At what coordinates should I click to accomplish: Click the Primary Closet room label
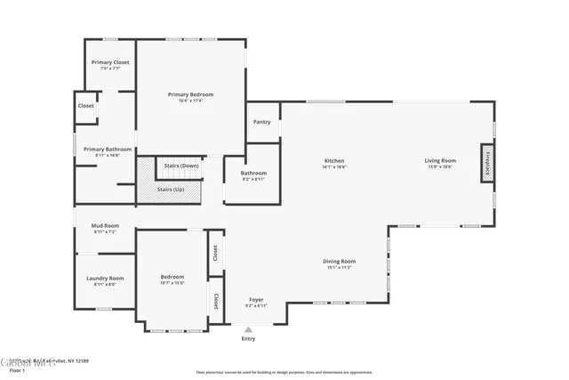[109, 62]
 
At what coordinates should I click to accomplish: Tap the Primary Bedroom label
[191, 94]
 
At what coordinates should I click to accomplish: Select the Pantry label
[261, 122]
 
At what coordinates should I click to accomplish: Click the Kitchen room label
[333, 161]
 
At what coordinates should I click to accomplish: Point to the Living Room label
[440, 161]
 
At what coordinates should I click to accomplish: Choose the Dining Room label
[339, 261]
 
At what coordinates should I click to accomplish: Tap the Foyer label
[256, 300]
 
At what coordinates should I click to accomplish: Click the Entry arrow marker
[248, 328]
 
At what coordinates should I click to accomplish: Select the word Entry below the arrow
[248, 339]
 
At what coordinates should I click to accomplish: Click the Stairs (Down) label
[180, 166]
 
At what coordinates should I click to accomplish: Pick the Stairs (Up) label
[172, 190]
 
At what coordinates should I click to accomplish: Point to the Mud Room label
[105, 226]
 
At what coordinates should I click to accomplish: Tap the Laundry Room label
[105, 279]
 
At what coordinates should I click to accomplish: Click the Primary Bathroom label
[108, 150]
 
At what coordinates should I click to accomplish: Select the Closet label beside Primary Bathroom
[86, 106]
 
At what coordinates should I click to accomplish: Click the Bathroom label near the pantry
[253, 173]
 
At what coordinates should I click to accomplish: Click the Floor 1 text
[17, 371]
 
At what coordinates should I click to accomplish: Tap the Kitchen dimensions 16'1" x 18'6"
[333, 167]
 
